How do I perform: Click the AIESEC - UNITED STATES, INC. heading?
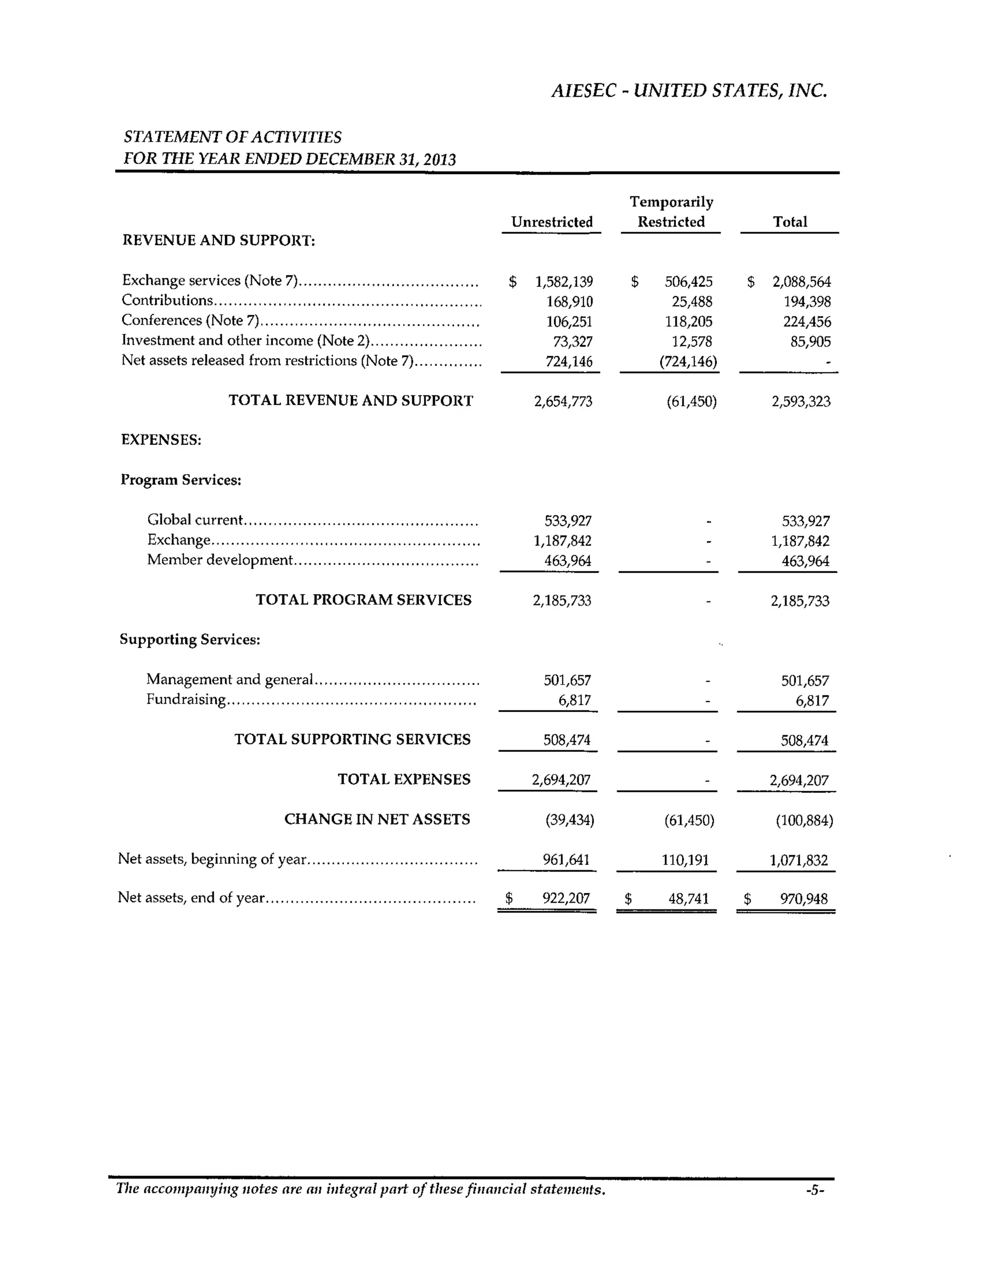click(689, 91)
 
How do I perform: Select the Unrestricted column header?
click(551, 222)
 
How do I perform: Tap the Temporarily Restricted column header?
click(671, 212)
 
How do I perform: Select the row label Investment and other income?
click(245, 340)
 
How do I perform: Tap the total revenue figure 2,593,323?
click(801, 401)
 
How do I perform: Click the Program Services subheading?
click(181, 480)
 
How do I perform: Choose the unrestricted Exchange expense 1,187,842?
click(562, 541)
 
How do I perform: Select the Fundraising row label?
click(186, 699)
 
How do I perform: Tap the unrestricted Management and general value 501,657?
click(567, 680)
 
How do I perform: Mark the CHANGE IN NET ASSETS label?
click(376, 819)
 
